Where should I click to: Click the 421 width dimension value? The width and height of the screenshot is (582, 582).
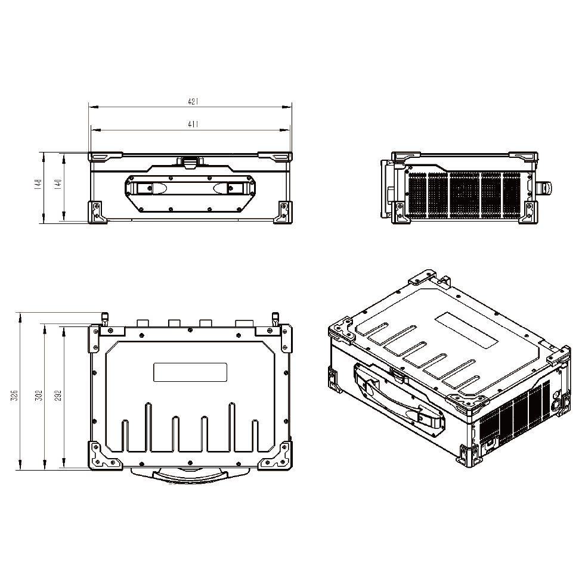(193, 101)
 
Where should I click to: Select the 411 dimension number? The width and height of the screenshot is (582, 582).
(193, 125)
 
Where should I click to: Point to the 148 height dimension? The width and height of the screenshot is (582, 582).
(38, 185)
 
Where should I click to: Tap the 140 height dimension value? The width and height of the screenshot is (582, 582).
(58, 185)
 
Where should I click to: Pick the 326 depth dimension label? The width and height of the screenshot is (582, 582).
(14, 396)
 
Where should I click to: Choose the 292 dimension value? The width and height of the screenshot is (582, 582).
(58, 396)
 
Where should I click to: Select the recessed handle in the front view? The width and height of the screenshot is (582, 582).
(190, 188)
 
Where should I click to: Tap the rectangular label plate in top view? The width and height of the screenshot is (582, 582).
(190, 372)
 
